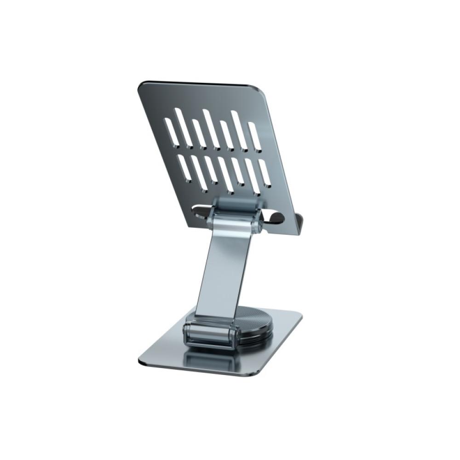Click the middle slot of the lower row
tap(225, 175)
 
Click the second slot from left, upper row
tap(183, 128)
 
